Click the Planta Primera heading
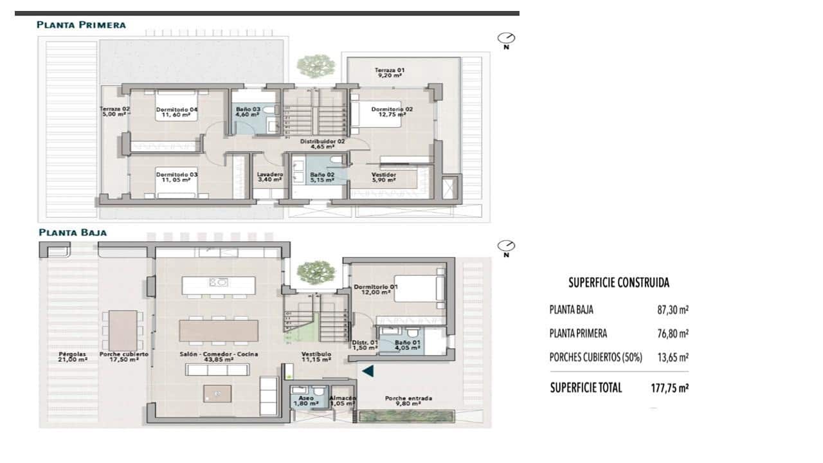[81, 25]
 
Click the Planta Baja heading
[72, 232]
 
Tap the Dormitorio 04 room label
[176, 113]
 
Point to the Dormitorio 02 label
[392, 113]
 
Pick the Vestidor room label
[383, 177]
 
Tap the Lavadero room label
[269, 177]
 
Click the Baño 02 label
[321, 177]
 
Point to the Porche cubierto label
[123, 357]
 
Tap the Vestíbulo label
[316, 357]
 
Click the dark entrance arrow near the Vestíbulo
[367, 370]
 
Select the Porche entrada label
[408, 401]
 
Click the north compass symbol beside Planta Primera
[506, 39]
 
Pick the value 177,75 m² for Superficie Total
[665, 388]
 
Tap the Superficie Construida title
[619, 282]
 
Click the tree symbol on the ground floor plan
[316, 271]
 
